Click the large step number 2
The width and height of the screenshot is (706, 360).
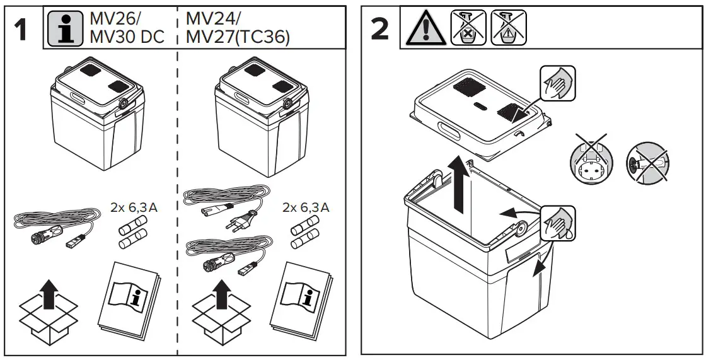(x=380, y=30)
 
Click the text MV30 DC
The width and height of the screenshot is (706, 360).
(x=127, y=37)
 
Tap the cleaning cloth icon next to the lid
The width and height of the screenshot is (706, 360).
(x=557, y=83)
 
